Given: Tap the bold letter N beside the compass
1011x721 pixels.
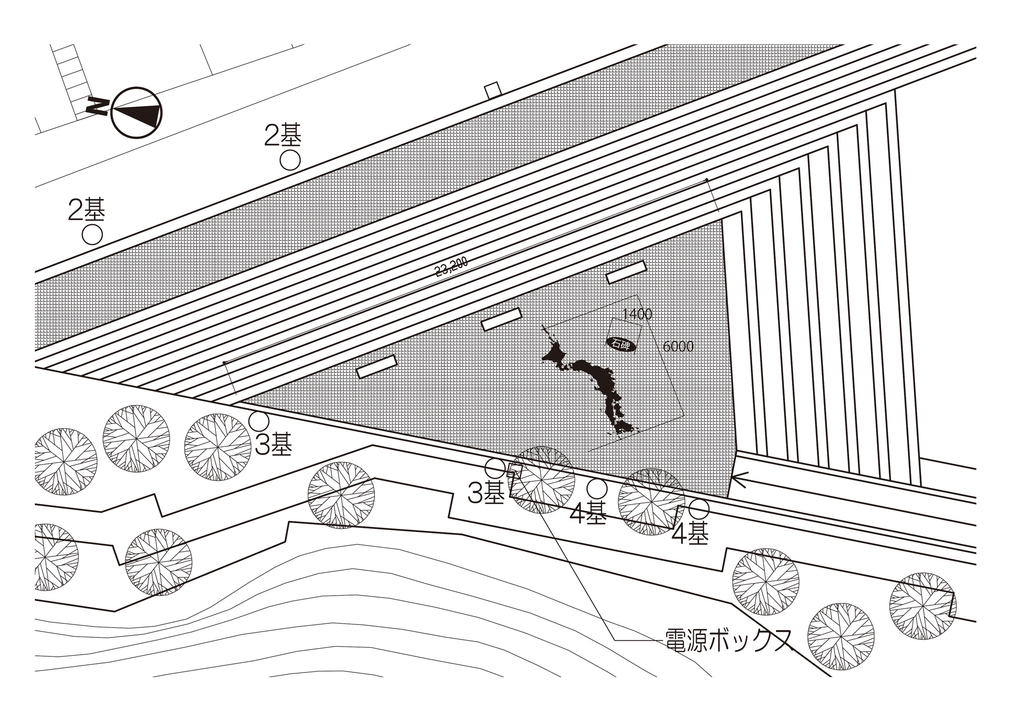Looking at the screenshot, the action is pos(97,106).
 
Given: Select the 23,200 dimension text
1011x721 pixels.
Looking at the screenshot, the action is pos(451,267).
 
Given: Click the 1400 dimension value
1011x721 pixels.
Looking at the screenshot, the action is pos(637,314).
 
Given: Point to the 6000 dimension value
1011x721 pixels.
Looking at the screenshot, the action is pos(678,346).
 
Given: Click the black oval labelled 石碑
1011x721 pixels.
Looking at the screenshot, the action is pos(621,344).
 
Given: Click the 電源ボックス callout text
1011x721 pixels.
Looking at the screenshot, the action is pos(727,641).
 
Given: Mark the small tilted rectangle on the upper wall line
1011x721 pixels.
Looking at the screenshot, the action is pos(492,90).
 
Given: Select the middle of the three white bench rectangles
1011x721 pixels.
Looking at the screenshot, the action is pos(501,320).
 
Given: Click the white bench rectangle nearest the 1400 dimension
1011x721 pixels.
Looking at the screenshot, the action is pos(626,272).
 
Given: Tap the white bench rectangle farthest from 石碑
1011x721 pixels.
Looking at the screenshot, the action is pos(377,367).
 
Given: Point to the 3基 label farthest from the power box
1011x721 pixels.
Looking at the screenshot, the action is pos(273,445).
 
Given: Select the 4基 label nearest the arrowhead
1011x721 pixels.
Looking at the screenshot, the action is pos(690,533).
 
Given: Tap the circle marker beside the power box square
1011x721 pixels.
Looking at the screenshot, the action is pos(495,468).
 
